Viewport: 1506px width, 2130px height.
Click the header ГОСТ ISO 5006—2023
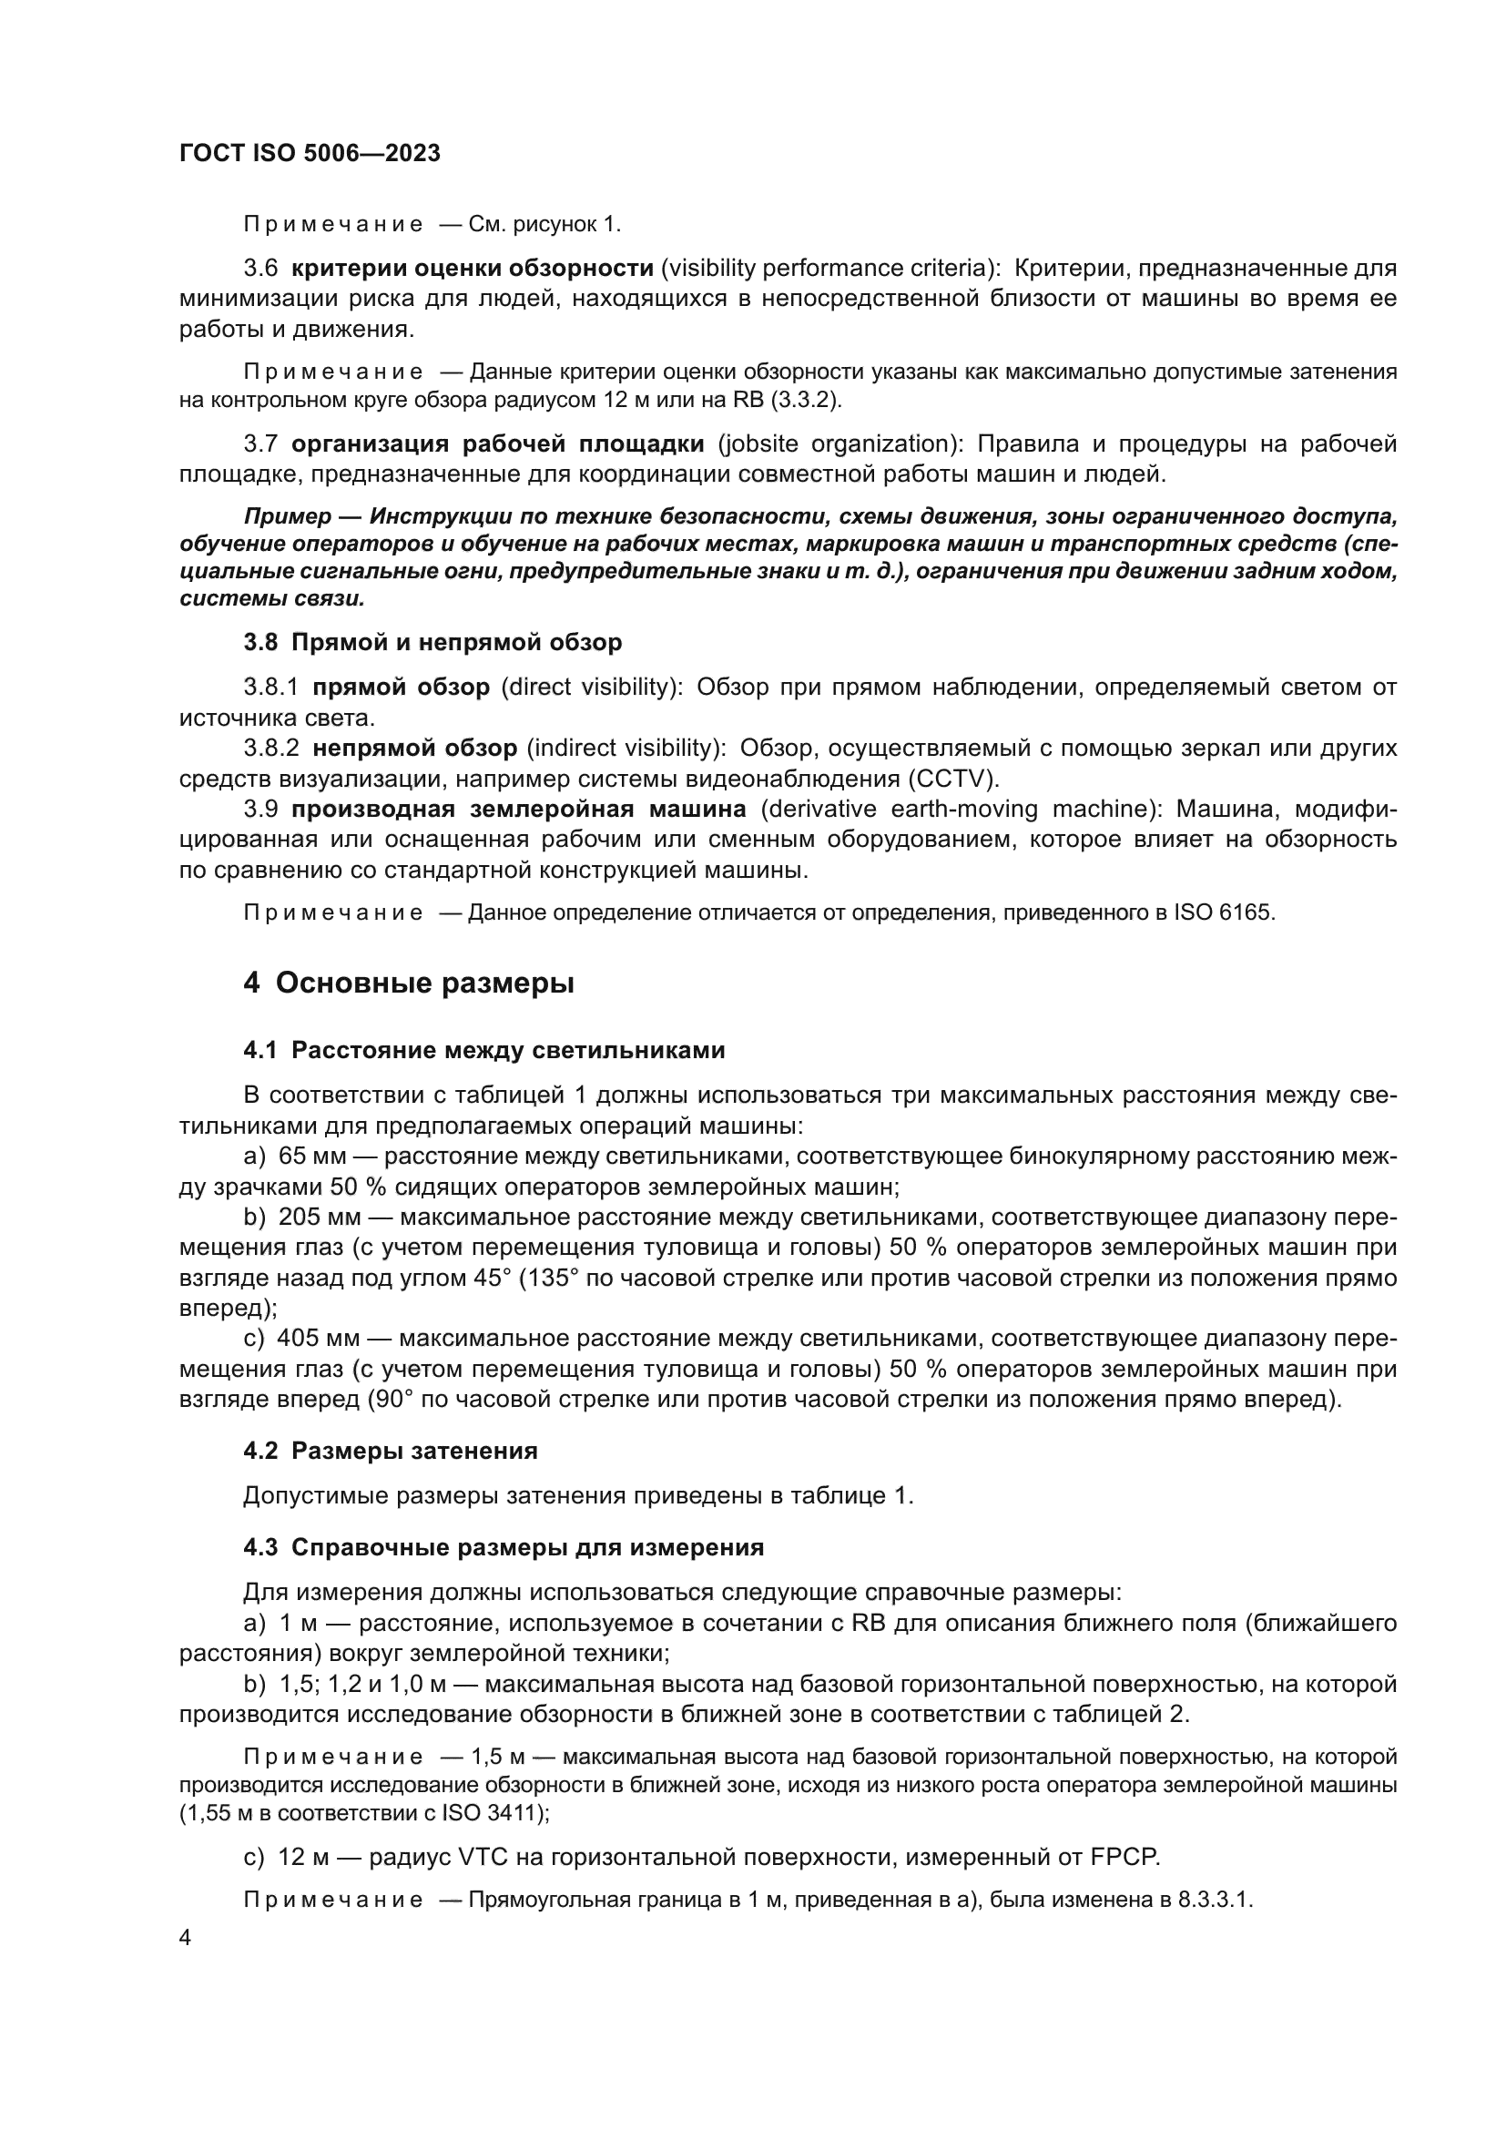309,154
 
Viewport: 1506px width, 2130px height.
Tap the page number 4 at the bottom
186,1939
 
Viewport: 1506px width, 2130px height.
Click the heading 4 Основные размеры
408,983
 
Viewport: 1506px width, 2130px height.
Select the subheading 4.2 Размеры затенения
390,1451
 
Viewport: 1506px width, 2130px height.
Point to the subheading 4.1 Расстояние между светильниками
483,1050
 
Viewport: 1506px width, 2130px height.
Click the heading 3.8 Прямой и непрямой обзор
432,642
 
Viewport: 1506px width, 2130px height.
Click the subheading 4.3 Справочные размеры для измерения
503,1547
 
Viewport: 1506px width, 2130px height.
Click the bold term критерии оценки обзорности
472,269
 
